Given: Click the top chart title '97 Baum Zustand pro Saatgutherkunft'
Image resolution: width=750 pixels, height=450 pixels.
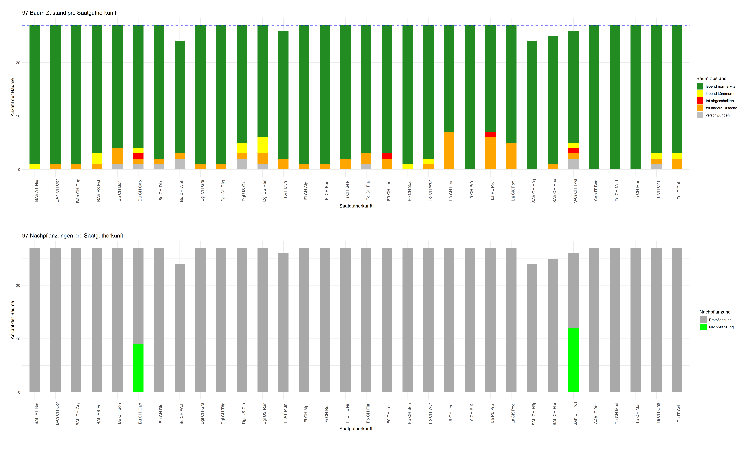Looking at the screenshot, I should pyautogui.click(x=69, y=13).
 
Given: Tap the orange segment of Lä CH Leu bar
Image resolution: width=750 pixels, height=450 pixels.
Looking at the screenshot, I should pyautogui.click(x=449, y=151).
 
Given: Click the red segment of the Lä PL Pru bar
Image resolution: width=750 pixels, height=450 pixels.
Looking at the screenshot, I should pyautogui.click(x=490, y=135).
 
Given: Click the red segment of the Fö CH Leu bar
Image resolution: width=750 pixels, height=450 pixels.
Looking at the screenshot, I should pyautogui.click(x=387, y=156).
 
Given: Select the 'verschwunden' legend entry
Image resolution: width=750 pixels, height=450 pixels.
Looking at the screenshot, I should pyautogui.click(x=717, y=115).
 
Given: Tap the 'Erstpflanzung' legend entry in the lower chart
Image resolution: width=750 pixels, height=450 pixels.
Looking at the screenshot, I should pyautogui.click(x=720, y=320).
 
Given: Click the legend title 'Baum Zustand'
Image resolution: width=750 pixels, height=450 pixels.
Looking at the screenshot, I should pyautogui.click(x=711, y=78).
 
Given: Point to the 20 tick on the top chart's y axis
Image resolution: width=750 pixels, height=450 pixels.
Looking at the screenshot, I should pyautogui.click(x=18, y=63).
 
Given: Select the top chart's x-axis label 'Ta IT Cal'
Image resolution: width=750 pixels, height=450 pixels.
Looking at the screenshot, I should pyautogui.click(x=679, y=190).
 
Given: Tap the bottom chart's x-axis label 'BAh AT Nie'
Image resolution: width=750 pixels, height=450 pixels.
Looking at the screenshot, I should pyautogui.click(x=36, y=413).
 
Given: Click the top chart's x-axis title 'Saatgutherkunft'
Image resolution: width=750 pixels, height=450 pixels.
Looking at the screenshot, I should pyautogui.click(x=356, y=206).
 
